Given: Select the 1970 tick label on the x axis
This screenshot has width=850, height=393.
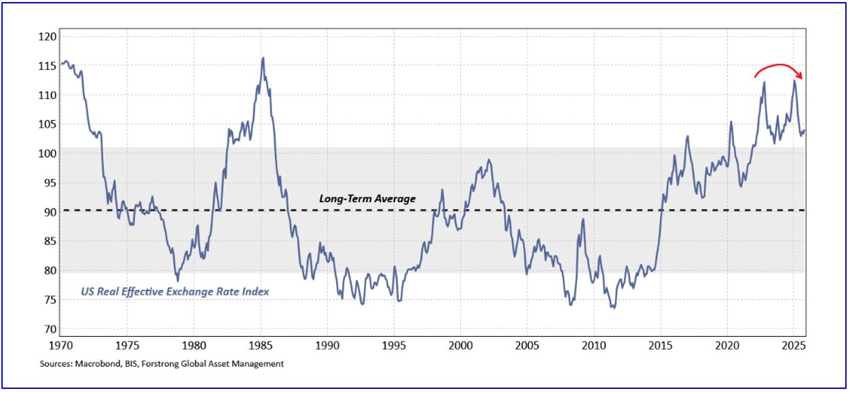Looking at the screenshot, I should pos(60,345).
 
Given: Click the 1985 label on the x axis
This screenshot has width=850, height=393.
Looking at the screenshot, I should pos(260,345).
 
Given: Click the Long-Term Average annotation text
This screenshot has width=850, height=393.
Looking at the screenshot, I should pos(367,199).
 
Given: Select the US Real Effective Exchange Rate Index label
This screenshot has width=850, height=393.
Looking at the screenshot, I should pos(174,291).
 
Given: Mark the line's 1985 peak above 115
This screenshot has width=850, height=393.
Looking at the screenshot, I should pos(263,58).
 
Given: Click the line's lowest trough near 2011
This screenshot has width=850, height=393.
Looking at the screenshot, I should pos(613,308).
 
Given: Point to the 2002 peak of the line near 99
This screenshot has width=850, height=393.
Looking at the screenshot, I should pos(489,160).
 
